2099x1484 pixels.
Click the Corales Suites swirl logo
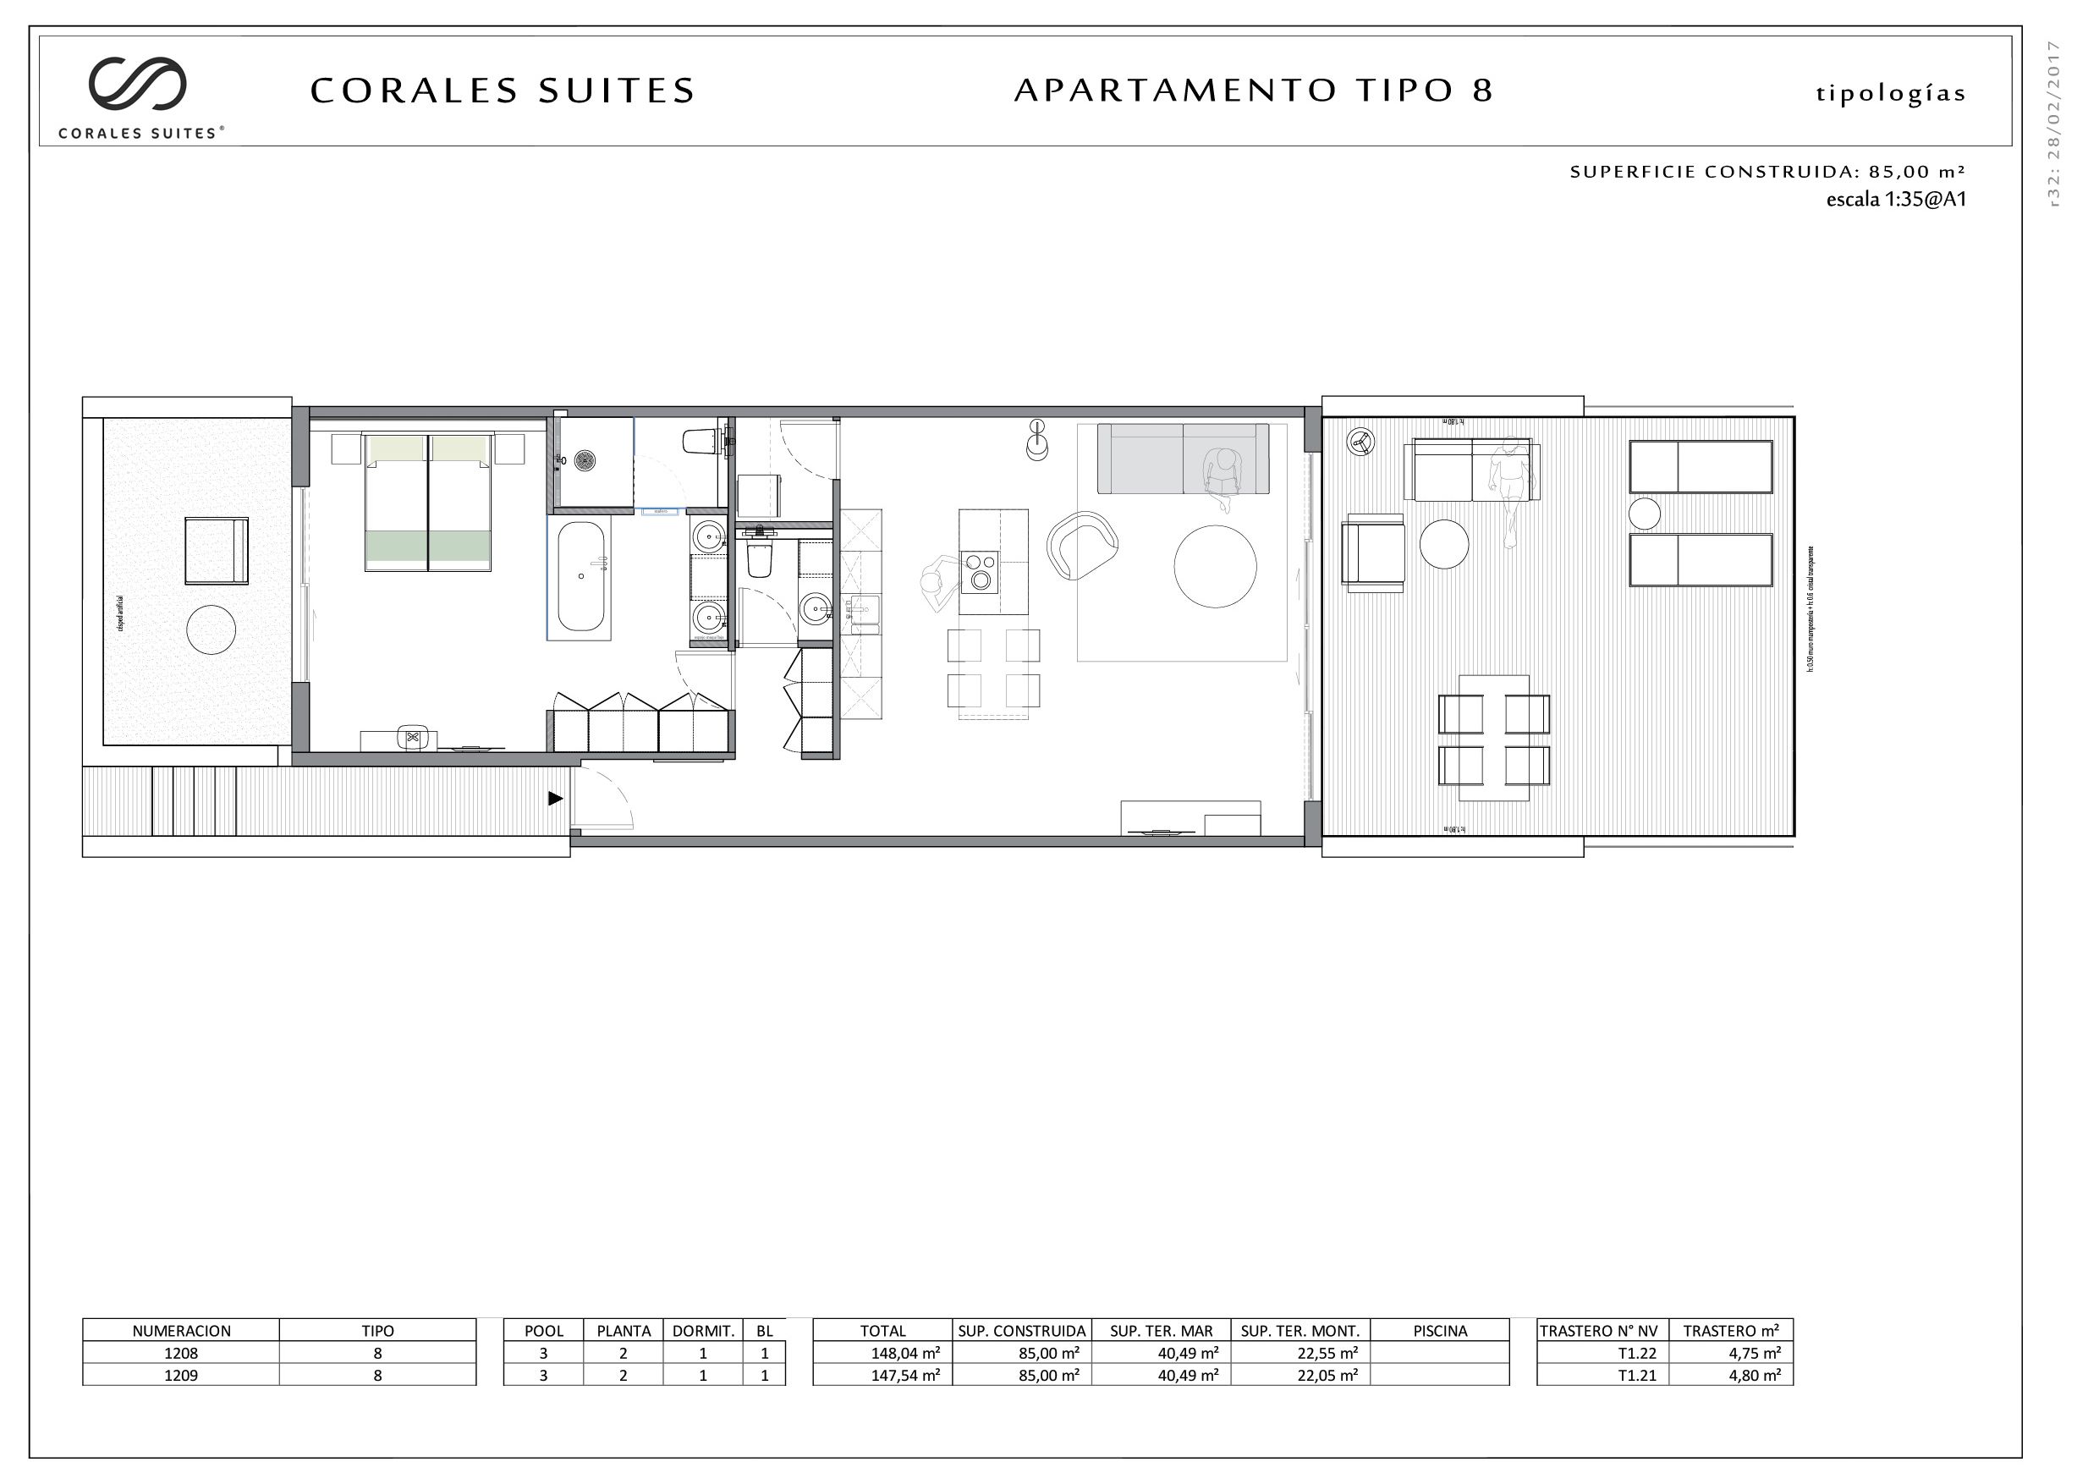137,83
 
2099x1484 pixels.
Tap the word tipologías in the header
1890,94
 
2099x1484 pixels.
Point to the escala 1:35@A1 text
1895,200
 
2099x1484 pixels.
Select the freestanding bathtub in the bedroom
580,576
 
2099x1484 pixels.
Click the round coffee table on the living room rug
1214,566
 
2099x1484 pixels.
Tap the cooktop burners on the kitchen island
979,571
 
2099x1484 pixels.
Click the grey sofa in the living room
1182,458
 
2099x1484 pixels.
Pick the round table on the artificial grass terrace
212,630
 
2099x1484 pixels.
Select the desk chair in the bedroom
412,736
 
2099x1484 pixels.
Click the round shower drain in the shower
584,459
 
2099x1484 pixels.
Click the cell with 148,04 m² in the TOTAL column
882,1353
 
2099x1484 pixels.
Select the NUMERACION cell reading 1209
181,1375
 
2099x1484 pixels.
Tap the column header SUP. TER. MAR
1160,1332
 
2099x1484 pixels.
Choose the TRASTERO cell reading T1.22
1602,1353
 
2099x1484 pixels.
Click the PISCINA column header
1439,1332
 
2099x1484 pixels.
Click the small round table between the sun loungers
1643,514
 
